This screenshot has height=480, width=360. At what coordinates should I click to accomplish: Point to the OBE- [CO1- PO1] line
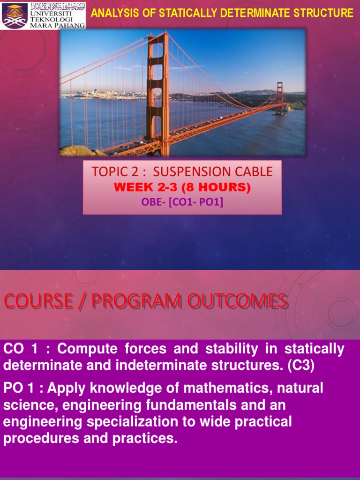coord(182,202)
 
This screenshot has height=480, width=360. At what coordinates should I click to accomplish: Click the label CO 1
coord(22,349)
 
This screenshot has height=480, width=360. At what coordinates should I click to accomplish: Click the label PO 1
coord(22,388)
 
